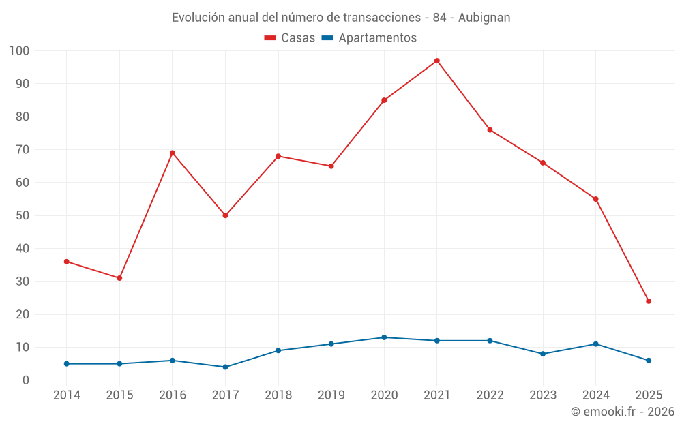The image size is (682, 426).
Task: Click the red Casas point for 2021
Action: pyautogui.click(x=437, y=61)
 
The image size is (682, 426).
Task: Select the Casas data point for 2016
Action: pyautogui.click(x=173, y=153)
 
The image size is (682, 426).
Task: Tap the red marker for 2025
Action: pyautogui.click(x=649, y=301)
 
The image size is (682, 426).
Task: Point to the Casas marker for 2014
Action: pyautogui.click(x=67, y=262)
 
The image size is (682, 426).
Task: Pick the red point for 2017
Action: pyautogui.click(x=225, y=215)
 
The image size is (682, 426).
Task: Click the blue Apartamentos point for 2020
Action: pyautogui.click(x=384, y=337)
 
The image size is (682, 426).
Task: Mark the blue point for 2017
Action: pyautogui.click(x=225, y=367)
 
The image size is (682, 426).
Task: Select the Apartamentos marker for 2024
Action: pyautogui.click(x=595, y=344)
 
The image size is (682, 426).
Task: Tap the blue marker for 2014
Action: pyautogui.click(x=67, y=363)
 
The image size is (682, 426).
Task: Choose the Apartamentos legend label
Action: pyautogui.click(x=377, y=38)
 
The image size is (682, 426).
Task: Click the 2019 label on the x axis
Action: pyautogui.click(x=331, y=395)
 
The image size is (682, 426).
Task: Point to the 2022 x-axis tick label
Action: pyautogui.click(x=490, y=395)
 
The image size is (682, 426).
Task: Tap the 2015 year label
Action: pyautogui.click(x=119, y=395)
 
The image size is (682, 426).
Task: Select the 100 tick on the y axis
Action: pyautogui.click(x=20, y=51)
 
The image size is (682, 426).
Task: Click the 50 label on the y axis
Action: pyautogui.click(x=23, y=215)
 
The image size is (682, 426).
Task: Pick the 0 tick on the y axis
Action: pyautogui.click(x=26, y=380)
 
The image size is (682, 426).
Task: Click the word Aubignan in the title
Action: pyautogui.click(x=484, y=18)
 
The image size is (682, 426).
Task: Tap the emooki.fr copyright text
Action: pyautogui.click(x=623, y=412)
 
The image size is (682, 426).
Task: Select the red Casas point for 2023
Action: pyautogui.click(x=543, y=163)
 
